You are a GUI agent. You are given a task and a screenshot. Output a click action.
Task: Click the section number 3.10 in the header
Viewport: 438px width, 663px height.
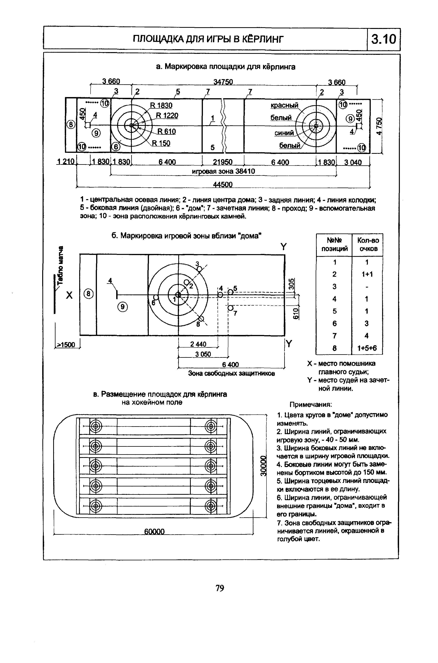(x=383, y=39)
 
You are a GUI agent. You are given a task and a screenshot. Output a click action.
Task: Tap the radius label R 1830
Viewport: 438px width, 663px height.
(x=161, y=105)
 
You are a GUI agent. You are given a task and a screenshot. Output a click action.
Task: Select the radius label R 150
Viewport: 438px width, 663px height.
(x=161, y=143)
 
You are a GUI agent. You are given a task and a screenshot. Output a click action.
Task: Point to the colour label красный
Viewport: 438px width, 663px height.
(x=284, y=105)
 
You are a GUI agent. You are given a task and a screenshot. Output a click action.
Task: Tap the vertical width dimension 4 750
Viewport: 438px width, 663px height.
(x=379, y=126)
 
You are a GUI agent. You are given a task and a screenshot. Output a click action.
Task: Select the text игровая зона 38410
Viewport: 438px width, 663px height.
(x=223, y=171)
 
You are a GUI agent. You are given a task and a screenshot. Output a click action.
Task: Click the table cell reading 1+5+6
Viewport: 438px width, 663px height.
(x=367, y=348)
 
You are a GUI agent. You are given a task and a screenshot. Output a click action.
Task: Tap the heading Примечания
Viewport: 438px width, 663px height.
(x=311, y=405)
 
